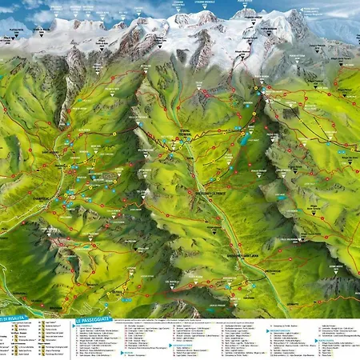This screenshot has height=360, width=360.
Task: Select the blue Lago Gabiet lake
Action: coord(240,139)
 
